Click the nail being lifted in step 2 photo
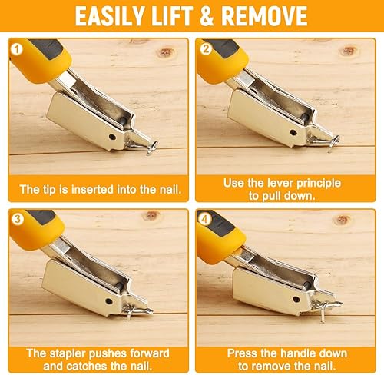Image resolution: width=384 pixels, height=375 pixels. point(333,141)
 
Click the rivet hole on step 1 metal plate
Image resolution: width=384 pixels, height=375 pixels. point(114,138)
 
